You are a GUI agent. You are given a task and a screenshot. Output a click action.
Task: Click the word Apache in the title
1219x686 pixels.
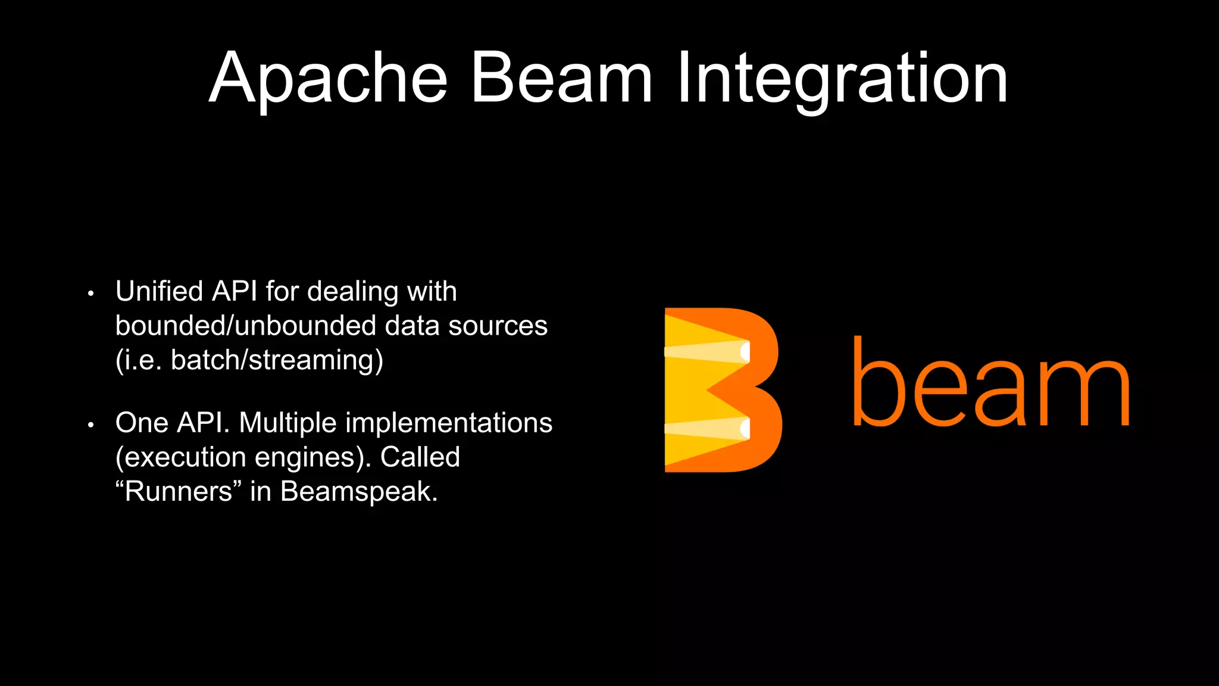click(328, 79)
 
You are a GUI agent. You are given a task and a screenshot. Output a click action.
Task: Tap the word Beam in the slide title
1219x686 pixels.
click(561, 79)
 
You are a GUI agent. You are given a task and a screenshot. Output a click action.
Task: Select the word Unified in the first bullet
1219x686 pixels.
click(160, 292)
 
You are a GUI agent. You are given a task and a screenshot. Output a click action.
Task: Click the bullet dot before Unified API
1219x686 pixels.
click(90, 294)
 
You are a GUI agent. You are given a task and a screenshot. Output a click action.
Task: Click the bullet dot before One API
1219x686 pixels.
click(90, 425)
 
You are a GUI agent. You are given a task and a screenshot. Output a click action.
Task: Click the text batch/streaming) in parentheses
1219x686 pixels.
click(277, 361)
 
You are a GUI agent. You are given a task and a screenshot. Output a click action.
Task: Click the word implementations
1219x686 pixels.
click(449, 423)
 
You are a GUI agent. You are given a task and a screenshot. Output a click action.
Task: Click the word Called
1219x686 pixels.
click(420, 457)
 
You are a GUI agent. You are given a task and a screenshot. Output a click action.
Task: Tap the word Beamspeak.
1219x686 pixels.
click(359, 492)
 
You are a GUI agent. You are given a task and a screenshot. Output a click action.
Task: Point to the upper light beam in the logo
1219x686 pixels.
click(706, 351)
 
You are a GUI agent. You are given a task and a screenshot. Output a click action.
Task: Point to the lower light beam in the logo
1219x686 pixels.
click(706, 429)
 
